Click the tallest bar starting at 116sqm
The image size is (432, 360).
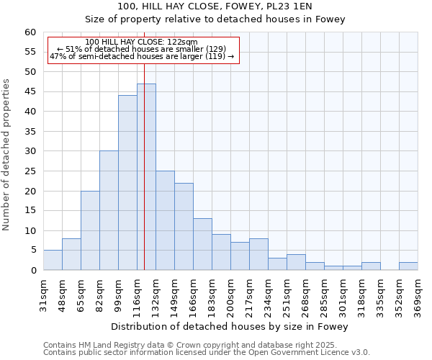coord(146,177)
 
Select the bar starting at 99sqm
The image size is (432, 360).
coord(127,183)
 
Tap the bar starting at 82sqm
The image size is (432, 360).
coord(109,210)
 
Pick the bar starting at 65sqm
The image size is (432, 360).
coord(90,230)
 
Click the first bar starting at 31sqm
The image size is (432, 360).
coord(53,260)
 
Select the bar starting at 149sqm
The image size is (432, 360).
coord(184,227)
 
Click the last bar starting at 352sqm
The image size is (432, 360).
coord(408,266)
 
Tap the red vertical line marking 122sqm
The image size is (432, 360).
coord(144,144)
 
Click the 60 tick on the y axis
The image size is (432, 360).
coord(30,32)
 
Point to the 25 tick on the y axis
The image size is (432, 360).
coord(30,171)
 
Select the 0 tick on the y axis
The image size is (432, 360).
coord(33,271)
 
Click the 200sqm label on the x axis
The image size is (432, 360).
coord(230,296)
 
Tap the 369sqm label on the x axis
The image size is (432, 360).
coord(418,296)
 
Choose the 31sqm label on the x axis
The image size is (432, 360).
coord(43,296)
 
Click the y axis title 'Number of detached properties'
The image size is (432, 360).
coord(7,155)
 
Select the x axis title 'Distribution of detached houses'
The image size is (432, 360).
coord(230,327)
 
